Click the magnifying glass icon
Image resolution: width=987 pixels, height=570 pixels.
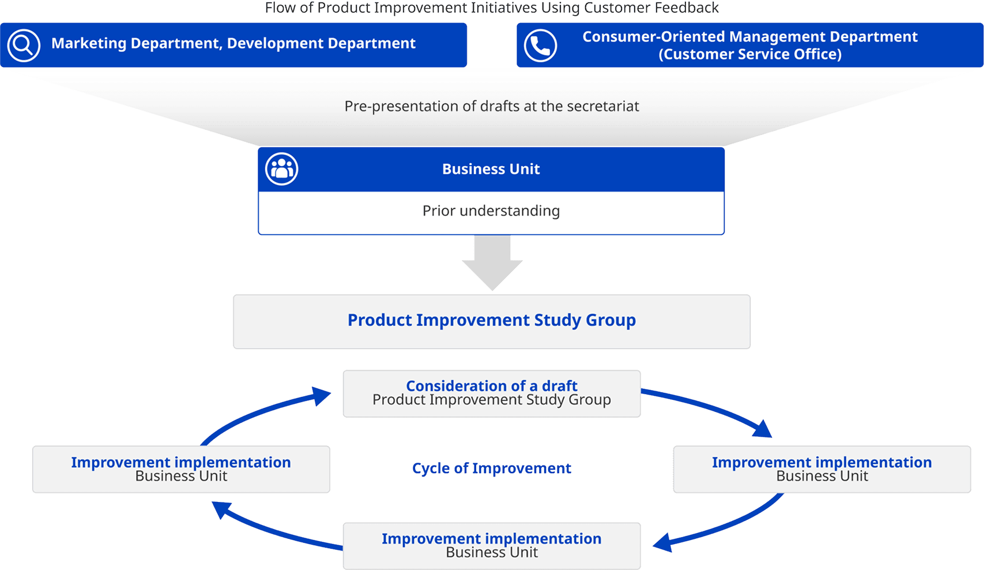click(x=24, y=45)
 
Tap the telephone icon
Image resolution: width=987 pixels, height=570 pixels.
click(x=540, y=46)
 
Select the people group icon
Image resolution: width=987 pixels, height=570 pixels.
click(x=281, y=169)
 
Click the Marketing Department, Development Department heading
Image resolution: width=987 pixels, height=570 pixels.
click(x=233, y=44)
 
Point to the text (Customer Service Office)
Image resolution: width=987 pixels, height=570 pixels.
click(x=749, y=55)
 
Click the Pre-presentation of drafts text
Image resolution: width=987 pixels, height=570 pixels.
click(x=491, y=107)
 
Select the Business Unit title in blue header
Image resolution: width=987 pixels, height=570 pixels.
click(x=491, y=169)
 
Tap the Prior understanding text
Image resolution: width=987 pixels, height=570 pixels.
click(x=491, y=211)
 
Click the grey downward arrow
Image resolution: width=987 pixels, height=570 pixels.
click(x=492, y=263)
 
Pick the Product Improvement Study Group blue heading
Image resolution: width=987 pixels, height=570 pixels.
click(x=491, y=320)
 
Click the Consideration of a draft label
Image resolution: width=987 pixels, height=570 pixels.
click(x=491, y=386)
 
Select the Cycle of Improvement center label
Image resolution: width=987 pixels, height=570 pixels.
click(x=491, y=468)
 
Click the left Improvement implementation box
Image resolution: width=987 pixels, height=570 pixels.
click(x=181, y=470)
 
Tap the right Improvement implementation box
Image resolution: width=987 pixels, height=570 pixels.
click(x=822, y=470)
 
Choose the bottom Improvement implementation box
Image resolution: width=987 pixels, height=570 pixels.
click(x=491, y=546)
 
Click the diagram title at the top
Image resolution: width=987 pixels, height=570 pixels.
click(x=491, y=8)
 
